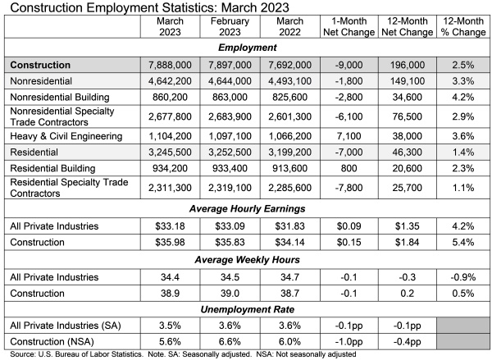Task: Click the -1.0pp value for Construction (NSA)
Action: point(345,342)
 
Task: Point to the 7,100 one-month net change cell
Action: point(345,135)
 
